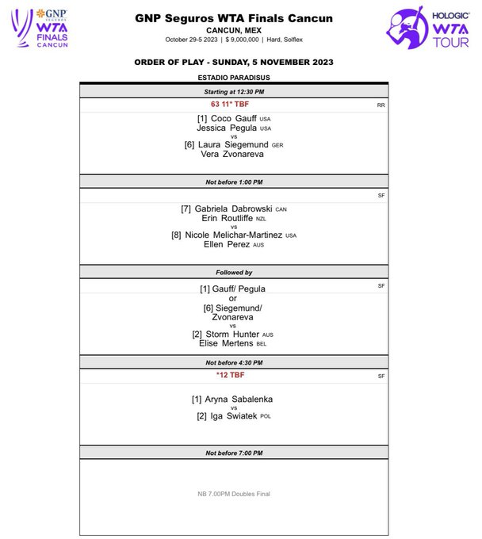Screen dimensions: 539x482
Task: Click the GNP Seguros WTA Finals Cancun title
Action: tap(234, 17)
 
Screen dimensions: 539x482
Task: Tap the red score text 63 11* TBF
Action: tap(234, 104)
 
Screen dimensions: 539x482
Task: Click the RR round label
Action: tap(381, 105)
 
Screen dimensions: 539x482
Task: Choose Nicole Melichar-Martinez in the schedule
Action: tap(234, 235)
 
